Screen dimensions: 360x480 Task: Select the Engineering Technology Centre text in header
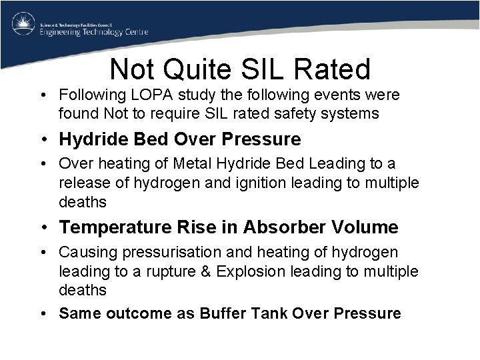pos(93,31)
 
